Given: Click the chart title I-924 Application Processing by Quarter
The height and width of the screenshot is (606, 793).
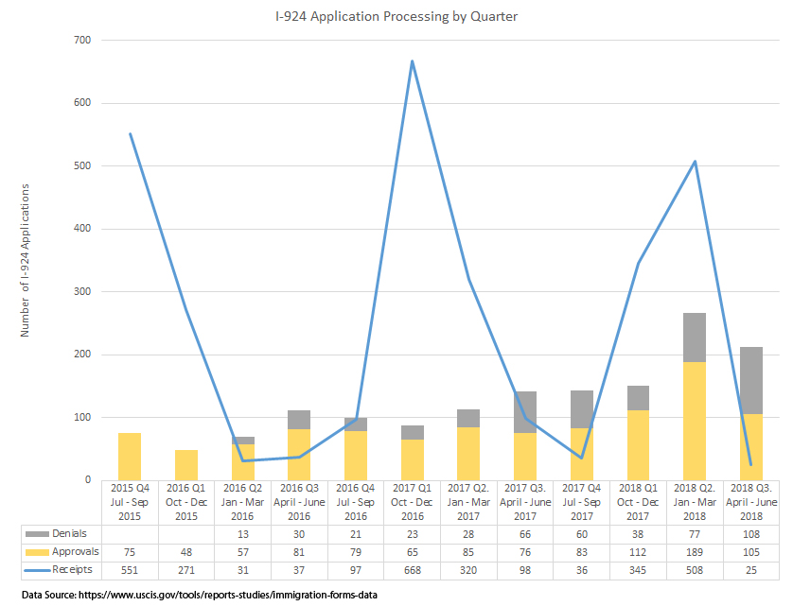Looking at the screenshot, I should coord(396,17).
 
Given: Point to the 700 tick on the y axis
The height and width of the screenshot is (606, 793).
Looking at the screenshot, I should coord(84,41).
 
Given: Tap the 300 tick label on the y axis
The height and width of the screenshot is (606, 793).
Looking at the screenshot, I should coord(84,292).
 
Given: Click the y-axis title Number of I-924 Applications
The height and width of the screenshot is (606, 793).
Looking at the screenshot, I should coord(26,260).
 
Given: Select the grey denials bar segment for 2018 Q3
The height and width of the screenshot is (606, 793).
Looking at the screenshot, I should coord(751,380).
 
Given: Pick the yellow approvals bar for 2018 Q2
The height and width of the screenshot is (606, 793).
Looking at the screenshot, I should coord(695,421).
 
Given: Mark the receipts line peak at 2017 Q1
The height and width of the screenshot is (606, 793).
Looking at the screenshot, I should coord(413,61).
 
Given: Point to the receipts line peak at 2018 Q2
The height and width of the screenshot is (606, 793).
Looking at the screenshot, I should coord(695,162).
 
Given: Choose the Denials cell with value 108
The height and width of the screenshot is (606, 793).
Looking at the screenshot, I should coord(751,534).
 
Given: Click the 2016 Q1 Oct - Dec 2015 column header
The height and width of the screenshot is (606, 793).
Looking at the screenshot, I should coord(186,502).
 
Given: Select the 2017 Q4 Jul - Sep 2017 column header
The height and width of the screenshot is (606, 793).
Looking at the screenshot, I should coord(582,502).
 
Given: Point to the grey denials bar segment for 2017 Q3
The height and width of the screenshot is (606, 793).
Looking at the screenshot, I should coord(525,411).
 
